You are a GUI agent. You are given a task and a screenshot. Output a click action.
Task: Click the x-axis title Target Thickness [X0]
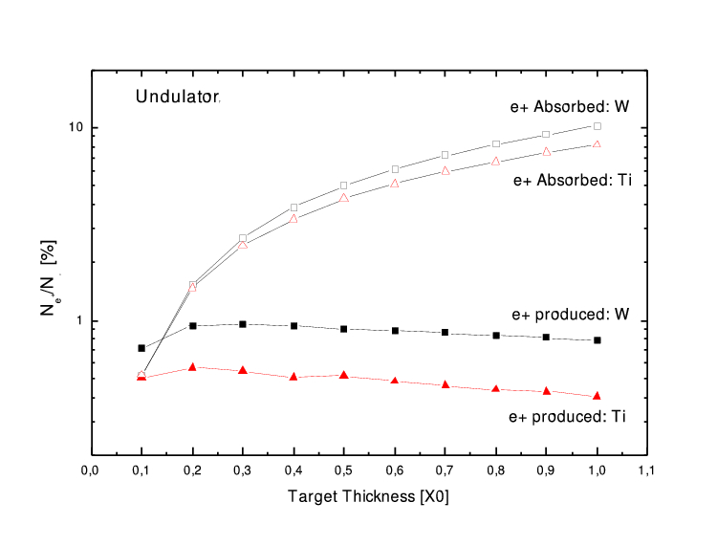coord(368,497)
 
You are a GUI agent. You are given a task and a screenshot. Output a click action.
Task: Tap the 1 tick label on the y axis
coord(80,321)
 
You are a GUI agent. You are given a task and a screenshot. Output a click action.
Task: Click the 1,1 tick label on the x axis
coord(648,470)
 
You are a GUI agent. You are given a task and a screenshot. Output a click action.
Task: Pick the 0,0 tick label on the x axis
coord(91,470)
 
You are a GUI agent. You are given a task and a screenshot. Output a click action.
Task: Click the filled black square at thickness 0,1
coord(141,348)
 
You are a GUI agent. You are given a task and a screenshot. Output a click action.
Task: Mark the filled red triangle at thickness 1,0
coord(597,395)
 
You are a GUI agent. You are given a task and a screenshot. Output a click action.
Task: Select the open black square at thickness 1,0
coord(597,126)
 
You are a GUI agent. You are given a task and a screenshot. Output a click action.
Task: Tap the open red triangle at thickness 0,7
coord(445,171)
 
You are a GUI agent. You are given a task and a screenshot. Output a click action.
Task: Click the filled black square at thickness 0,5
coord(344,329)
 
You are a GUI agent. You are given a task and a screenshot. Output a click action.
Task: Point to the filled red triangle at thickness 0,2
coord(192,366)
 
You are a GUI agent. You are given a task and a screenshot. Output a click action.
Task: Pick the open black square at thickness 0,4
coord(293,207)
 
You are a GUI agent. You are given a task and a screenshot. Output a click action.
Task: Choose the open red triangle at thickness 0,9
coord(547,151)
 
